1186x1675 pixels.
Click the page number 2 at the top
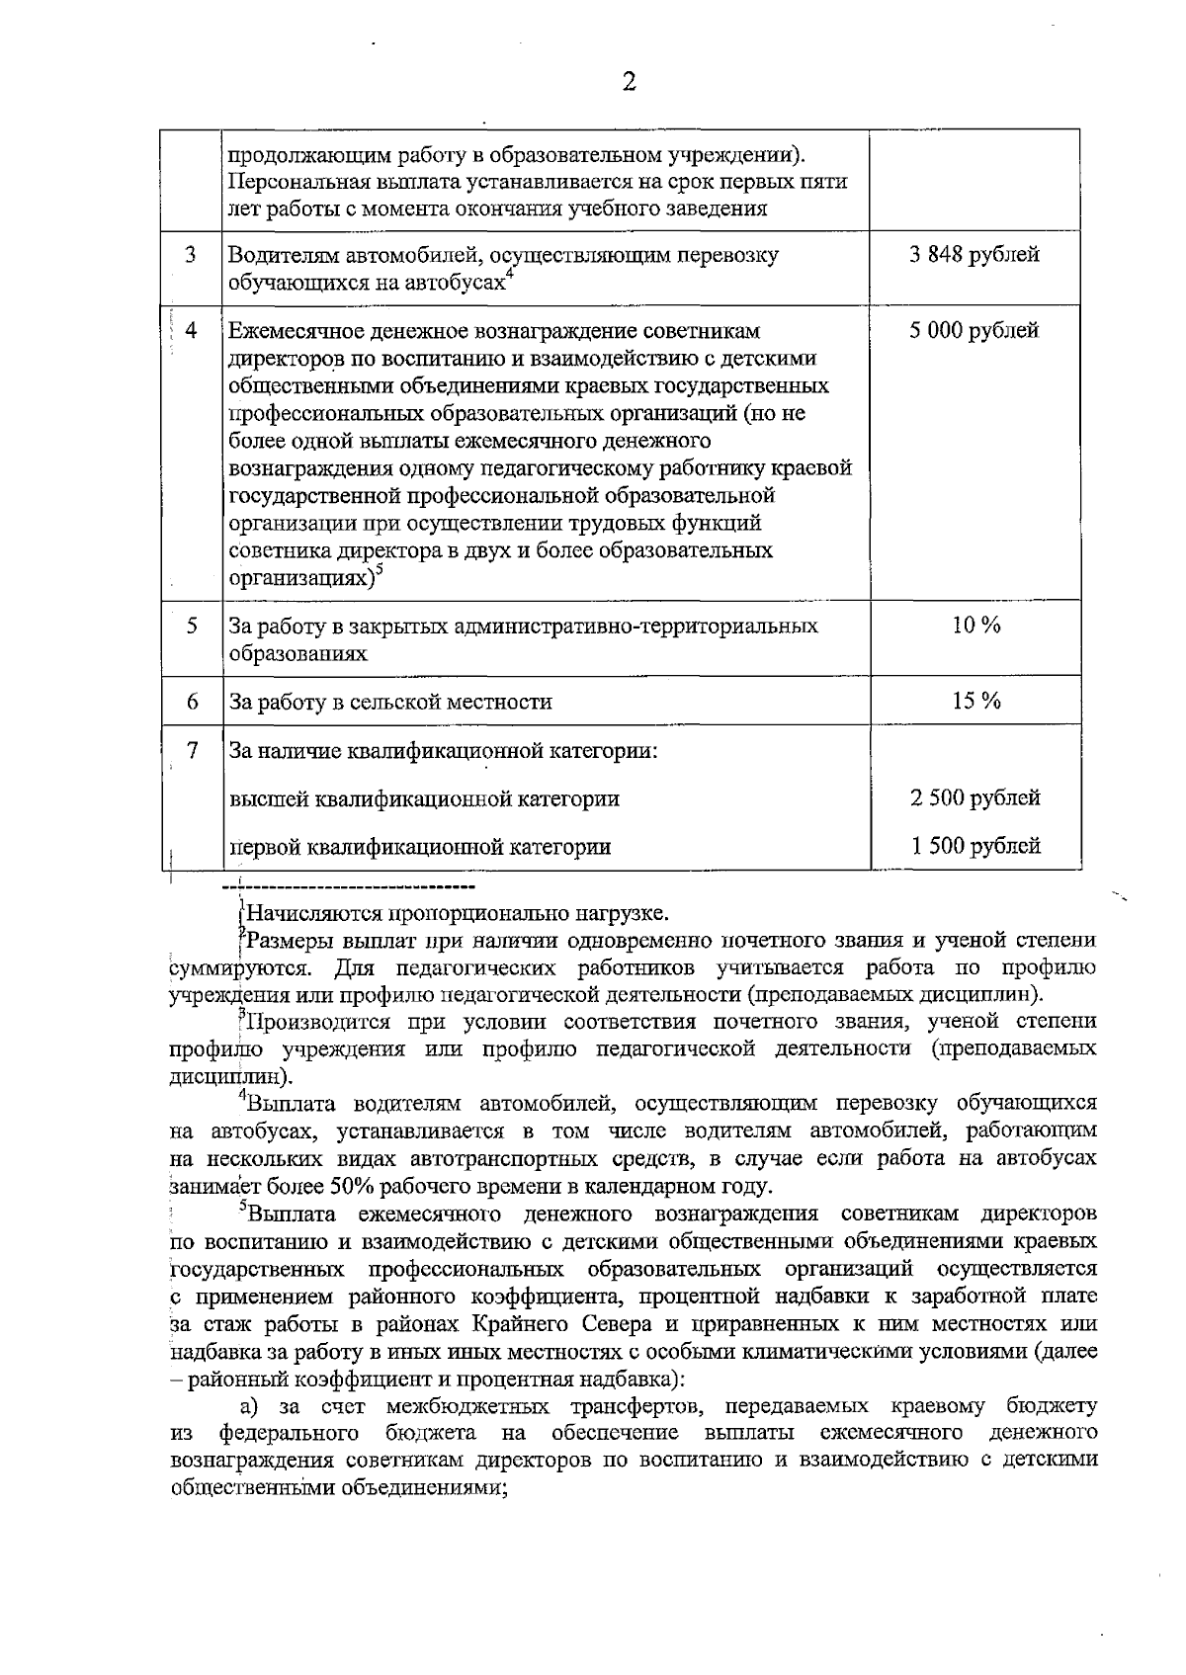tap(629, 80)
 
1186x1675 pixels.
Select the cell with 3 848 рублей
tap(974, 255)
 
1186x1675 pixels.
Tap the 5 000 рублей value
tap(974, 330)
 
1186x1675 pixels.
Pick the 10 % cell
tap(975, 626)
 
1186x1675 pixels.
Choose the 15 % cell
tap(975, 701)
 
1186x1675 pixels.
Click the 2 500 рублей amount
tap(974, 797)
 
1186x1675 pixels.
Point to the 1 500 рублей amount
tap(974, 846)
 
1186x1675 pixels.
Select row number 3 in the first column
tap(192, 254)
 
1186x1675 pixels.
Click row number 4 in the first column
tap(192, 330)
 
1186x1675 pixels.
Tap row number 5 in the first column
tap(192, 626)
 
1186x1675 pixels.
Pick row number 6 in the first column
tap(192, 701)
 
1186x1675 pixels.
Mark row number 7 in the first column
tap(193, 750)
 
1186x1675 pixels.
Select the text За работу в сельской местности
tap(390, 703)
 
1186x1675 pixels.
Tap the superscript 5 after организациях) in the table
tap(380, 570)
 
